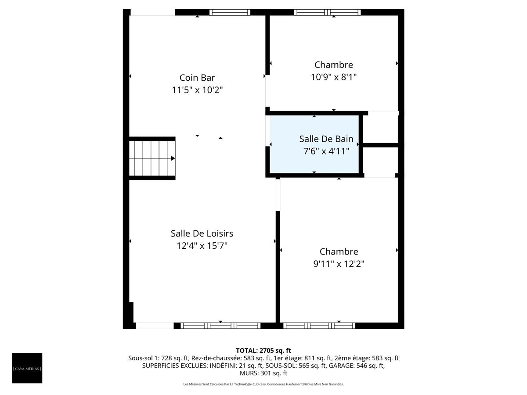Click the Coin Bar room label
point(197,78)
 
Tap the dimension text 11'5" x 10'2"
point(197,90)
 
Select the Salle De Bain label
point(326,139)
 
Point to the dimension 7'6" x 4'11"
point(326,151)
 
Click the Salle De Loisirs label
point(202,233)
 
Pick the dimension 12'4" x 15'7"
point(202,246)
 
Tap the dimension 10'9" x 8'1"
point(334,77)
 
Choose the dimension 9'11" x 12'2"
point(339,264)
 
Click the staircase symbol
point(152,158)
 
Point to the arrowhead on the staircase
point(173,158)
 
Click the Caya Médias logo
point(27,368)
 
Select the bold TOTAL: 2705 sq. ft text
point(263,350)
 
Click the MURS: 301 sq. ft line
point(263,373)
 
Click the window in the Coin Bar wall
point(230,12)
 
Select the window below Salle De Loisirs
point(220,326)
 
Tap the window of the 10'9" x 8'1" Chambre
point(327,12)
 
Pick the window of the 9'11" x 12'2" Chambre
point(319,326)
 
